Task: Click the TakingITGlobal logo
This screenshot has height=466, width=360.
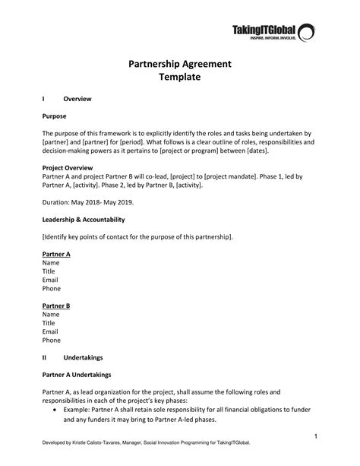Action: [273, 32]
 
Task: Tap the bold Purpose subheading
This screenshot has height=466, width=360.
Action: [55, 116]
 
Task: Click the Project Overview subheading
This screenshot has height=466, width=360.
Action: [68, 167]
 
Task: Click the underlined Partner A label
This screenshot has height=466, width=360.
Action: [56, 254]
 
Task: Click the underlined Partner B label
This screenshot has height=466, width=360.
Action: [56, 305]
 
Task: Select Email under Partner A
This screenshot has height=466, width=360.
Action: [50, 280]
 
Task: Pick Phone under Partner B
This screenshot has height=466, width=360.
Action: [52, 340]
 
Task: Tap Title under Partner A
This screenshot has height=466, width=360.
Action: [49, 271]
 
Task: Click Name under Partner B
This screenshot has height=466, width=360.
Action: [51, 314]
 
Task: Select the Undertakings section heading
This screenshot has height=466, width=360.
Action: [84, 357]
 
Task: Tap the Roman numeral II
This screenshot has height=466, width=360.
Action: [45, 357]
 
